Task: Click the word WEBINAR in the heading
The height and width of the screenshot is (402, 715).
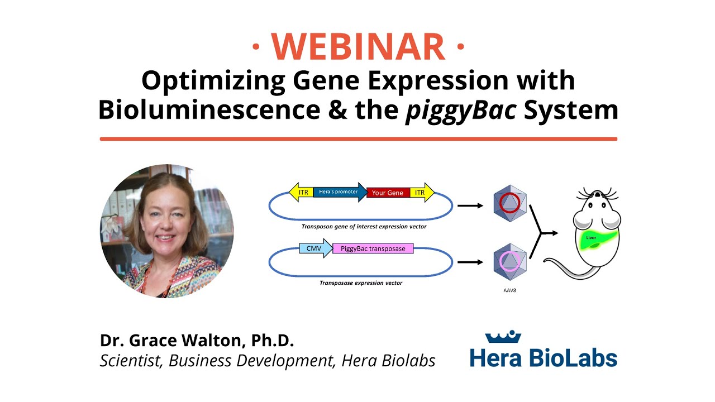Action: [358, 47]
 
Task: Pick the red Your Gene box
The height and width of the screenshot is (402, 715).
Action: [388, 193]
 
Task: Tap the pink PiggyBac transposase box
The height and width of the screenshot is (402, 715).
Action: [373, 248]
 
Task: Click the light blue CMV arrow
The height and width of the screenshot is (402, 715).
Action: [315, 248]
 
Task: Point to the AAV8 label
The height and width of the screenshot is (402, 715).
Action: [509, 290]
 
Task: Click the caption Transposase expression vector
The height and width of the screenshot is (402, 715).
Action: [361, 283]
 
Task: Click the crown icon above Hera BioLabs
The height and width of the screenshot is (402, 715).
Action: [503, 337]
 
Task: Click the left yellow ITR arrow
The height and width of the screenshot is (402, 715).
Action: [302, 192]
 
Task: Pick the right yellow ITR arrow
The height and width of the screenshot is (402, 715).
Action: [422, 193]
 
